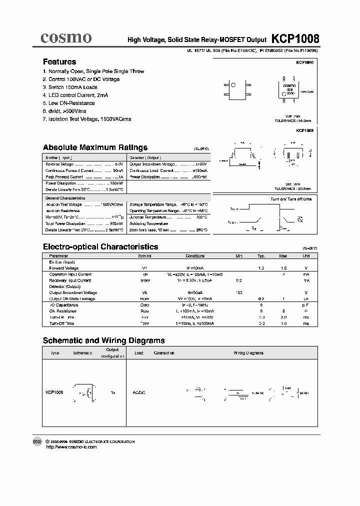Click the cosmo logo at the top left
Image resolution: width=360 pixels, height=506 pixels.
pos(66,37)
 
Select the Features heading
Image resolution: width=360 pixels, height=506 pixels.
pos(59,62)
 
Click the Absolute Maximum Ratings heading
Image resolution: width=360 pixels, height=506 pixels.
pos(95,147)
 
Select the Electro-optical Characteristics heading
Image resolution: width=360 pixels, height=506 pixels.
pos(100,247)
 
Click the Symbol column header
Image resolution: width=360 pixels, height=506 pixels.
pos(144,256)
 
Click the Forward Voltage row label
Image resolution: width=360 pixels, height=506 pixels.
pos(63,268)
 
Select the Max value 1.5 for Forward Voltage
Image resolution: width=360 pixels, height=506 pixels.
pos(283,268)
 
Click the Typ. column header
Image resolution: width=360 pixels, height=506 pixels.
pos(261,256)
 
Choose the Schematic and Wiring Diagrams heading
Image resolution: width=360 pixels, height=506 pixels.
pos(103,340)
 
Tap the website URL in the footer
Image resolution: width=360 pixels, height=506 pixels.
pos(71,447)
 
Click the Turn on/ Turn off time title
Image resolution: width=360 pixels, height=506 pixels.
pos(291,199)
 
